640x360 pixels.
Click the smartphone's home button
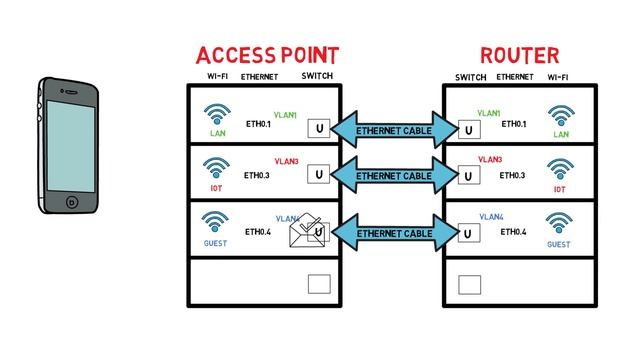(x=72, y=201)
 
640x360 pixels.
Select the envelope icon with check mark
(x=309, y=232)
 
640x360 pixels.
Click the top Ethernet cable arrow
(x=393, y=131)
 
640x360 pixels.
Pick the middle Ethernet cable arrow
(x=393, y=175)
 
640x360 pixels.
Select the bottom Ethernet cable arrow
(x=393, y=233)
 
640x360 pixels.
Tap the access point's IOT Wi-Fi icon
(x=215, y=167)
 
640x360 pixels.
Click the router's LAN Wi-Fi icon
(x=560, y=116)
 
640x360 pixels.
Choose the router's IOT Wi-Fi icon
(x=560, y=167)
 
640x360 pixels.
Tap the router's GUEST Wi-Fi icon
(x=558, y=222)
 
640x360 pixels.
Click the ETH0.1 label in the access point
(x=258, y=125)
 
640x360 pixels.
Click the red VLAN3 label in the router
(x=490, y=159)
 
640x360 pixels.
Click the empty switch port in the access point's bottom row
(x=319, y=284)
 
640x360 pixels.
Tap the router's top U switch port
(x=468, y=130)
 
